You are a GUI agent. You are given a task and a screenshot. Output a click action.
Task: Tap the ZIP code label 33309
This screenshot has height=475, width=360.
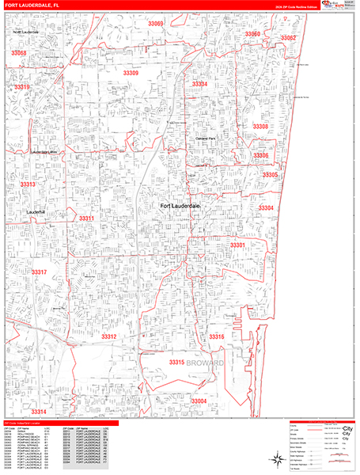131,73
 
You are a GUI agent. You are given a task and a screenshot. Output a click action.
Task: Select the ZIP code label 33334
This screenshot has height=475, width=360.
199,84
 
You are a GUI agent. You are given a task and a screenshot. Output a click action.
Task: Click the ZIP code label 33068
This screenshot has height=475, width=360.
19,53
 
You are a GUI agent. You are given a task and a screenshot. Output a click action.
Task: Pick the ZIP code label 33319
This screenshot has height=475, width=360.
22,87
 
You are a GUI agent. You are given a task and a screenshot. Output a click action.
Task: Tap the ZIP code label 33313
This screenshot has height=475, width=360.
28,184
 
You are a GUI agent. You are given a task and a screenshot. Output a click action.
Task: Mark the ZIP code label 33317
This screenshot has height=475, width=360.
40,272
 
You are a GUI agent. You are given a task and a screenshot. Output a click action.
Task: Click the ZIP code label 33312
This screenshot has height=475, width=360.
109,336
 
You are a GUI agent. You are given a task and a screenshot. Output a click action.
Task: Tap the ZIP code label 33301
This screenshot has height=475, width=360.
237,245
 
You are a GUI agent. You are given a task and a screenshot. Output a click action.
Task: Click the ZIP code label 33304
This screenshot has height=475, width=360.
266,208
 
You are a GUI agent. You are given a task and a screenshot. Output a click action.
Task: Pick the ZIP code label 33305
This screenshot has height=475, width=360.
270,175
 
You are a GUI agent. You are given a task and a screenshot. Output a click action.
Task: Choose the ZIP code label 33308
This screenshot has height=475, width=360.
260,127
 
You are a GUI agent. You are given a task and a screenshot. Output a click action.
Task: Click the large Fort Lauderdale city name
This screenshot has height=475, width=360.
181,207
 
